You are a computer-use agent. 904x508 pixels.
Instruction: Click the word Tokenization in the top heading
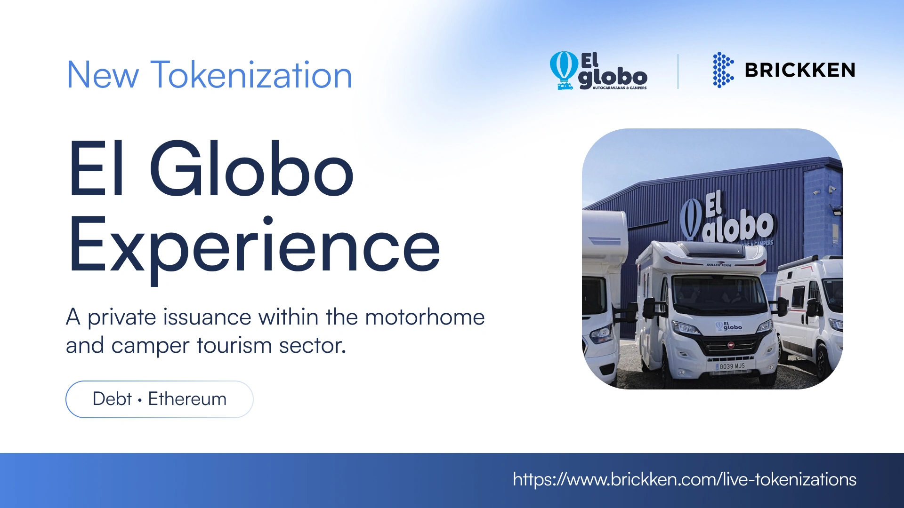click(251, 75)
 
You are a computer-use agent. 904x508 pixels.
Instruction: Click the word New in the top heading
click(103, 75)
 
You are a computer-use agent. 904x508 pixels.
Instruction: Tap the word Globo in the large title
click(251, 169)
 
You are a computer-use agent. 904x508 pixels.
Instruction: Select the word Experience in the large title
click(254, 247)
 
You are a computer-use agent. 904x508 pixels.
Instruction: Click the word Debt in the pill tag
click(112, 399)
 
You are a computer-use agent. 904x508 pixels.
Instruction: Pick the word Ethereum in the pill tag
click(187, 399)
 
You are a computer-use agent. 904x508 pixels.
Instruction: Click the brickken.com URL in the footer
click(684, 479)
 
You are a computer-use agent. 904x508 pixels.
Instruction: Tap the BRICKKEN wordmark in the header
click(800, 71)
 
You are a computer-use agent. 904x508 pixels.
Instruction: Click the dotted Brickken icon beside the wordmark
click(723, 70)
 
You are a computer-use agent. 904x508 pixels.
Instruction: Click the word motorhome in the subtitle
click(425, 317)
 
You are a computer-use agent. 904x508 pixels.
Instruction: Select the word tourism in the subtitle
click(234, 346)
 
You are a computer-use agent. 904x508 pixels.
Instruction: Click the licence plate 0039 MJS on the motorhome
click(732, 366)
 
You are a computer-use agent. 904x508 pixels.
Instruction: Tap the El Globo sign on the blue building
click(727, 219)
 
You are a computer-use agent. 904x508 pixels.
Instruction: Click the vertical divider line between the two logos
click(678, 71)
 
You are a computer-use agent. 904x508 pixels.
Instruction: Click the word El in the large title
click(97, 169)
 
